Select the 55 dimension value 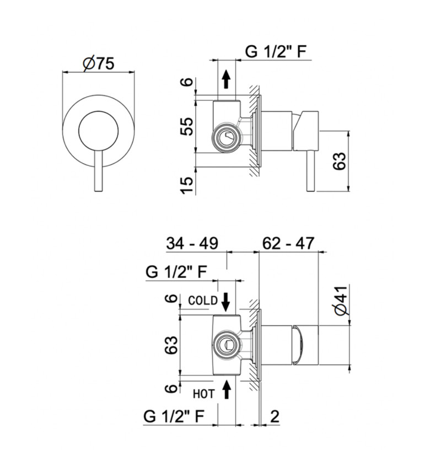[187, 127]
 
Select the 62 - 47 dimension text [288, 243]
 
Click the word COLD [203, 301]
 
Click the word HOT [203, 393]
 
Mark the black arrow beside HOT [227, 392]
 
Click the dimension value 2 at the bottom [274, 417]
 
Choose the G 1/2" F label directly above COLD [176, 271]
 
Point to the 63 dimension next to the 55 [341, 160]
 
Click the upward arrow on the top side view [226, 79]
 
